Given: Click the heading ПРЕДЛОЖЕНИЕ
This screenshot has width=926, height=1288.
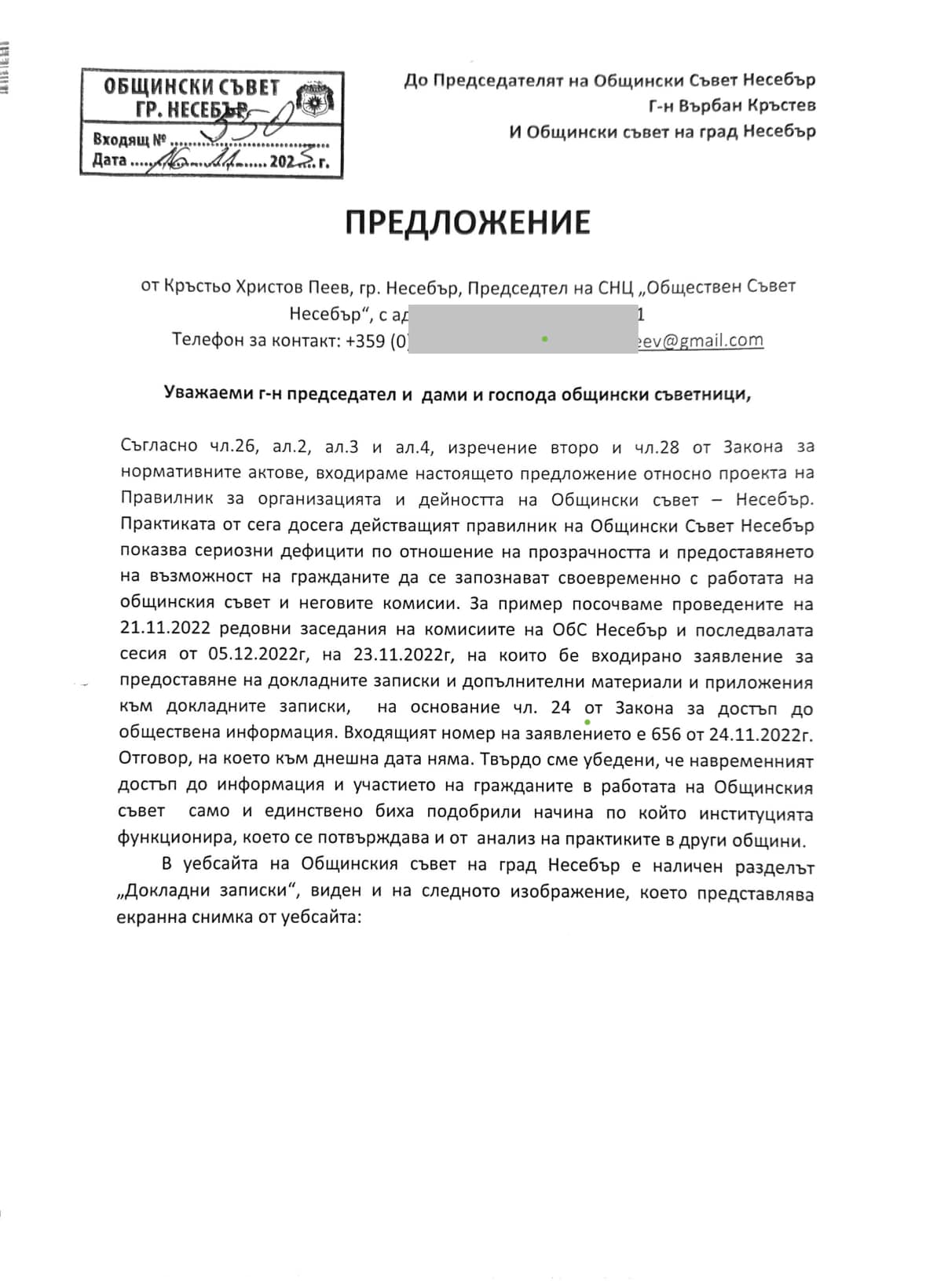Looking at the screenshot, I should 467,223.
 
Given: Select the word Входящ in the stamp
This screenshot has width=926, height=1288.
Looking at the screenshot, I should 120,140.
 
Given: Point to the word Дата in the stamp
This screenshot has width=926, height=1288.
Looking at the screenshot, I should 109,161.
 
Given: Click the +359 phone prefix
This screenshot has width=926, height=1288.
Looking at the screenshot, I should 366,341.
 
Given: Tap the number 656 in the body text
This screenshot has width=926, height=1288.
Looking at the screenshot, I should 666,735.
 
